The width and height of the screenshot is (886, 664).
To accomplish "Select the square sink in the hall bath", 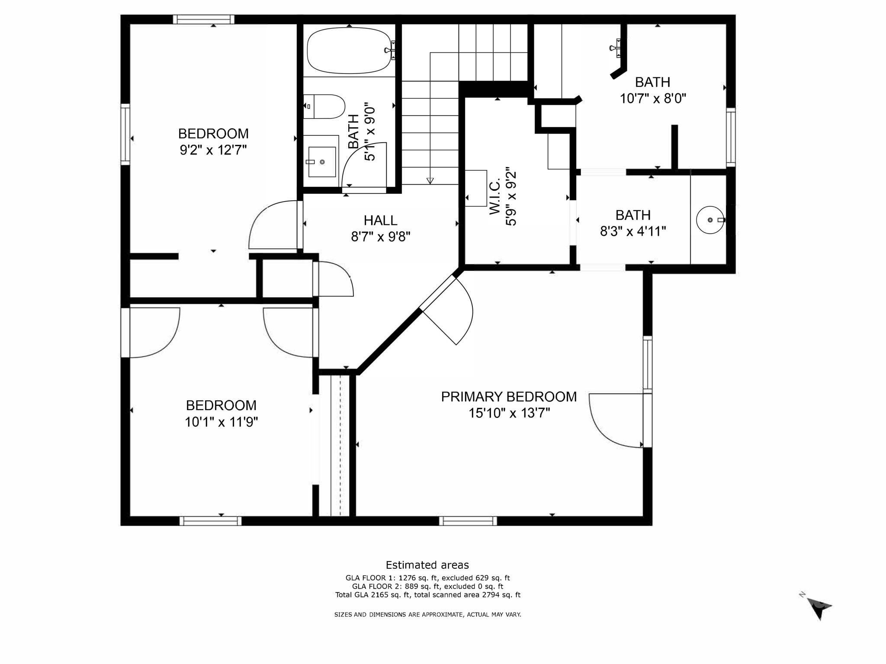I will click(322, 162).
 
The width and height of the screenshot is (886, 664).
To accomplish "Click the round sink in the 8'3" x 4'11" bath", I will click(710, 220).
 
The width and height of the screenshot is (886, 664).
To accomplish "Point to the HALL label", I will click(380, 221).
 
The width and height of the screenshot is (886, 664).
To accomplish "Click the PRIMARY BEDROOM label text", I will click(509, 397).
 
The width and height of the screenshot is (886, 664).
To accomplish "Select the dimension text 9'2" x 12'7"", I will click(213, 150).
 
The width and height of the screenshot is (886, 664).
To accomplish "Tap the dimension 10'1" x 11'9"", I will click(221, 422).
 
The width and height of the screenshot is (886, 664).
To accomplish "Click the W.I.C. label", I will click(495, 197).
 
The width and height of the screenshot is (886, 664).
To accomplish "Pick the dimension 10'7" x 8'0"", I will click(653, 99).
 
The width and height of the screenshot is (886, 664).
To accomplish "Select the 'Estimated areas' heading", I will click(427, 565).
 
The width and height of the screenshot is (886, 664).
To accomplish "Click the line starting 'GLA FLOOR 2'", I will click(427, 587).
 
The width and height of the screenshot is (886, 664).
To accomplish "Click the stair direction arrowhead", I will click(430, 180).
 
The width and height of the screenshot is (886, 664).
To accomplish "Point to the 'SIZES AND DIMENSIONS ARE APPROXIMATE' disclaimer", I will click(427, 614).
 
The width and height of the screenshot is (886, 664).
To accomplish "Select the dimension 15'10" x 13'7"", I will click(509, 413).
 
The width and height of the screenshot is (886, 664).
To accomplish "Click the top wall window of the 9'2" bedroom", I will click(204, 19).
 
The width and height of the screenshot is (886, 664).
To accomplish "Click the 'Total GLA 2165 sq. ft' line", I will click(427, 595).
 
